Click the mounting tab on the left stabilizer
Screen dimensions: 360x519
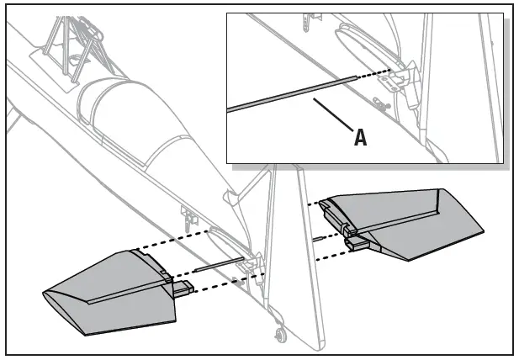click(183, 290)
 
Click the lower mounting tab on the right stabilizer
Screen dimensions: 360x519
click(357, 243)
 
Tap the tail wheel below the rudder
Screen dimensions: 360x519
click(279, 337)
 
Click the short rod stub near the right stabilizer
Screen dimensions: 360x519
click(318, 239)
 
